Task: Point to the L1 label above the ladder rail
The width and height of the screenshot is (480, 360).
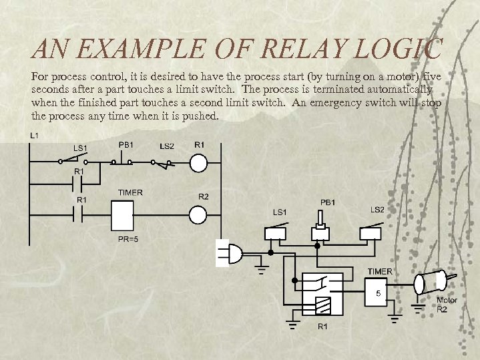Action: pyautogui.click(x=34, y=136)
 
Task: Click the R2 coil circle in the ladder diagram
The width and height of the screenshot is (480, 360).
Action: pyautogui.click(x=199, y=214)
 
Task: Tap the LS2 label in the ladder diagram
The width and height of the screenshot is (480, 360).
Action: pyautogui.click(x=167, y=146)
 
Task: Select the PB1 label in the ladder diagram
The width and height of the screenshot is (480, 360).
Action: pyautogui.click(x=126, y=144)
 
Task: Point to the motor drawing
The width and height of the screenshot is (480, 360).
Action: pyautogui.click(x=431, y=281)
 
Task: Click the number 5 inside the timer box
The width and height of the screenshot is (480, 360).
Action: pyautogui.click(x=378, y=293)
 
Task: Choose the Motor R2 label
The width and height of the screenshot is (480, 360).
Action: pyautogui.click(x=447, y=305)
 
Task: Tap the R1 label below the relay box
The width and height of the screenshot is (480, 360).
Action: pyautogui.click(x=322, y=327)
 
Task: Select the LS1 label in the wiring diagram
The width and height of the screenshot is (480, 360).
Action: pyautogui.click(x=279, y=212)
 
